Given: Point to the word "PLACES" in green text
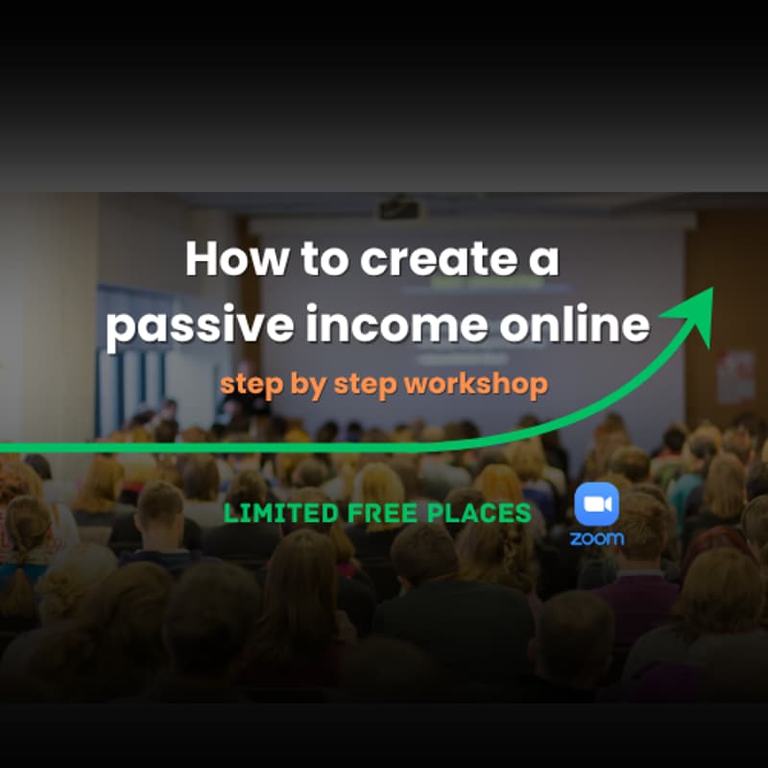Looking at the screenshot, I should (479, 513).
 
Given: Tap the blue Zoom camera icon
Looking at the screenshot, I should (596, 504).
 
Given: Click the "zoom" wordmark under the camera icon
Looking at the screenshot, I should (596, 538).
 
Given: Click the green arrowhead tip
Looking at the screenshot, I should (709, 293).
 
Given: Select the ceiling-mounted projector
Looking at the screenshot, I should (398, 206).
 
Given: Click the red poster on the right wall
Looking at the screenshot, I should (735, 375).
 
